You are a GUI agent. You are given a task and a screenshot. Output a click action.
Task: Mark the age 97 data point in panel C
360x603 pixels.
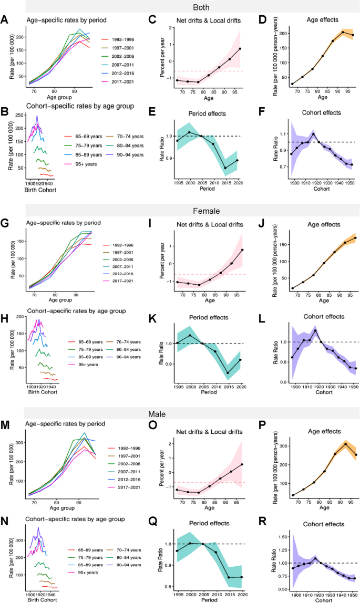(240, 49)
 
